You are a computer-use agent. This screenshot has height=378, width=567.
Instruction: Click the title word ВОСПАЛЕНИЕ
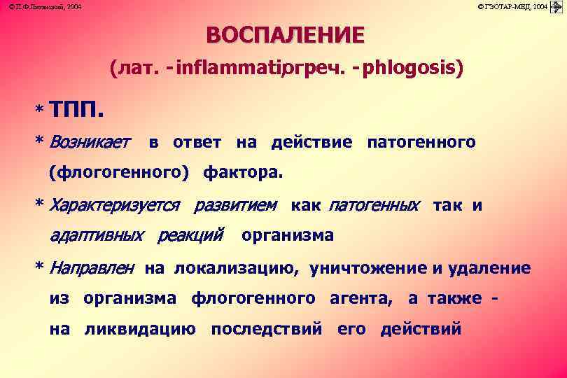pos(285,35)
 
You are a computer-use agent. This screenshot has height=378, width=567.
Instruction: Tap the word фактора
pos(243,171)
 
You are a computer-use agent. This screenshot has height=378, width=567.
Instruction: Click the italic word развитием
pos(235,206)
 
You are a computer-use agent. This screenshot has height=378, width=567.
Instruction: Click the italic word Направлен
pos(90,268)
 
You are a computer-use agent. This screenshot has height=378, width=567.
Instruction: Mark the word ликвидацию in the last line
pos(140,329)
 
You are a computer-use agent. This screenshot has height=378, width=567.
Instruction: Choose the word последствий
pos(267,329)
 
